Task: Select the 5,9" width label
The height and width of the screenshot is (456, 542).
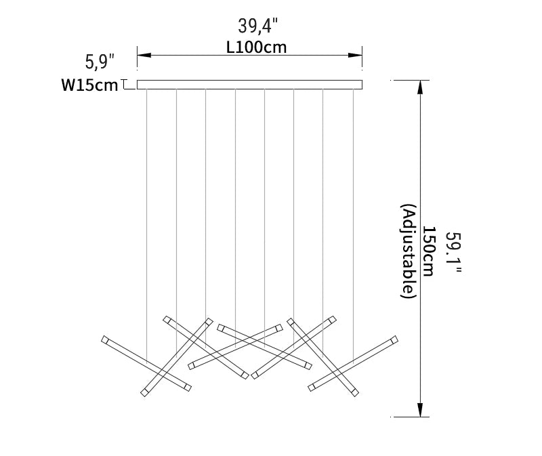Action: pos(100,63)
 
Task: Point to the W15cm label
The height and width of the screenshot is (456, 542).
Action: pos(89,85)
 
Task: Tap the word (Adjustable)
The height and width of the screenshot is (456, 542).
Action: pos(408,251)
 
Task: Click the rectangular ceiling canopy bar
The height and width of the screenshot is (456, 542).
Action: pos(249,85)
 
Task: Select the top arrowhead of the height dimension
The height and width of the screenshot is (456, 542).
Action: pos(421,86)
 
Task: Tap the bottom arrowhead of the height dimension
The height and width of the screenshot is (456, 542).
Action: pos(421,411)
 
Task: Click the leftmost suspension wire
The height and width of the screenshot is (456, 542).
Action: pos(147,203)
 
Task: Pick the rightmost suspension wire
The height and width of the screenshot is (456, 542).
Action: pos(353,203)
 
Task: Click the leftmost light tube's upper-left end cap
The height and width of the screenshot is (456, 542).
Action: pos(104,339)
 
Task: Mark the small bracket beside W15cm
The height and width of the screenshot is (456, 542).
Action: pos(125,85)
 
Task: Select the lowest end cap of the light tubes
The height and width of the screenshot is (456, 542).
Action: pos(144,393)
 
